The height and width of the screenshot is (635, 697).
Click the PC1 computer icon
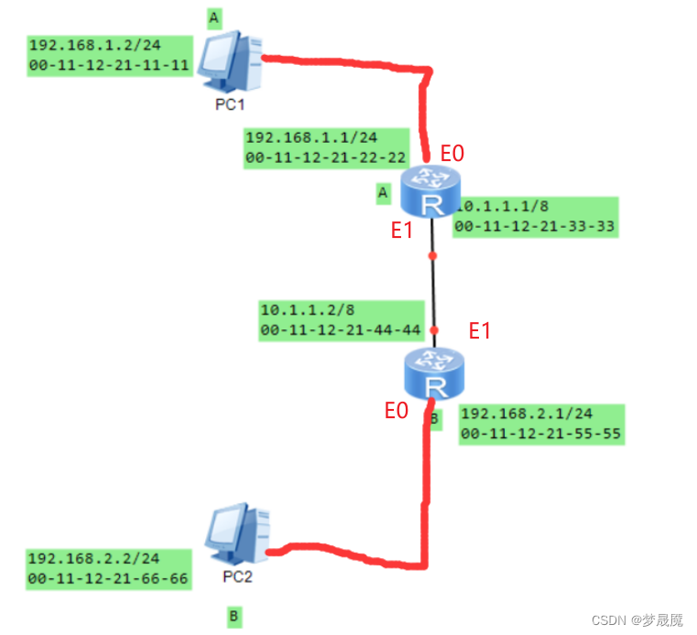tap(230, 61)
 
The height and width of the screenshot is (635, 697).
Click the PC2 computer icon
tap(237, 533)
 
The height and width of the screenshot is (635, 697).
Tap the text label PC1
tap(230, 105)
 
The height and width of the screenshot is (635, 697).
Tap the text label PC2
tap(237, 576)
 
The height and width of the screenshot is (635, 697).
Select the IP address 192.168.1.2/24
tap(95, 45)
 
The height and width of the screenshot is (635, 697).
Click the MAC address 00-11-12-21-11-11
tap(109, 65)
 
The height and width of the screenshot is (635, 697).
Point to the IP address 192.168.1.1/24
tap(311, 137)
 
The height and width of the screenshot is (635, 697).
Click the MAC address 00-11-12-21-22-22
tap(326, 157)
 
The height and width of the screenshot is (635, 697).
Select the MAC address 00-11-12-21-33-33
tap(534, 227)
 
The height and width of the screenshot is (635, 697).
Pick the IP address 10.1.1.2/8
tap(308, 309)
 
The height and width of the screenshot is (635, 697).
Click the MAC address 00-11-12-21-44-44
tap(341, 330)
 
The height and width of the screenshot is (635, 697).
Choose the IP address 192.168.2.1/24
tap(527, 414)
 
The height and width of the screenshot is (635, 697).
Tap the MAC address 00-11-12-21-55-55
tap(541, 434)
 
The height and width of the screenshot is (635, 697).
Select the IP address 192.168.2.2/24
tap(93, 558)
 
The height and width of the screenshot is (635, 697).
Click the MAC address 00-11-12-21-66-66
tap(108, 578)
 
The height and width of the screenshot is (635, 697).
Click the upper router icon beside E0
tap(430, 191)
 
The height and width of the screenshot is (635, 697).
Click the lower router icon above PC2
tap(434, 374)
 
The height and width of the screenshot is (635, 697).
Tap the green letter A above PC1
tap(214, 18)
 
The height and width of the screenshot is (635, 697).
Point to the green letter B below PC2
tap(234, 617)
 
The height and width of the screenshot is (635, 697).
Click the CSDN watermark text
tap(637, 619)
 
